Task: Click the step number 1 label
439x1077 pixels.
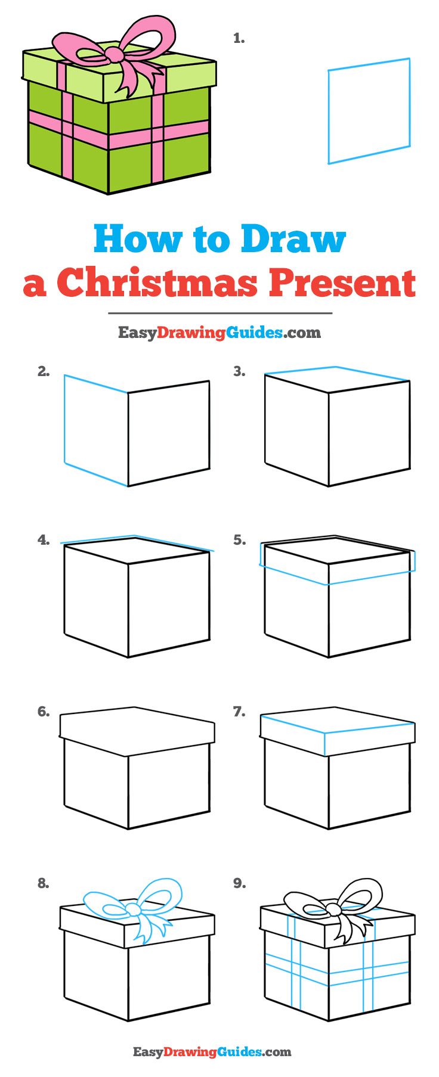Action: (x=239, y=39)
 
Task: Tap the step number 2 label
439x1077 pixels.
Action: (x=43, y=372)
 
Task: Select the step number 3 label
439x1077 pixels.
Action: (x=239, y=372)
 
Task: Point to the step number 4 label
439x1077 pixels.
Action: (x=43, y=540)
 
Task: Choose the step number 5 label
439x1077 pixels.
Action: (x=239, y=540)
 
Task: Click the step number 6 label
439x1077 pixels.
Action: (x=43, y=712)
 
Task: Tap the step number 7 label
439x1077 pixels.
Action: (x=239, y=712)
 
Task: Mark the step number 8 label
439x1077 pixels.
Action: (x=43, y=883)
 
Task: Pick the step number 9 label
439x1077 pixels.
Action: (x=239, y=883)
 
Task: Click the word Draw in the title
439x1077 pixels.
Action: (x=293, y=239)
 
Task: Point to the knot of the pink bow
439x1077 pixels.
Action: (x=113, y=54)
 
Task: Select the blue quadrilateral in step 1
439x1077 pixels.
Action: (x=369, y=111)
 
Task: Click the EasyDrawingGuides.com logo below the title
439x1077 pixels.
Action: (x=219, y=332)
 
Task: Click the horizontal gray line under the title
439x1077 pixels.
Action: (x=219, y=313)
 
